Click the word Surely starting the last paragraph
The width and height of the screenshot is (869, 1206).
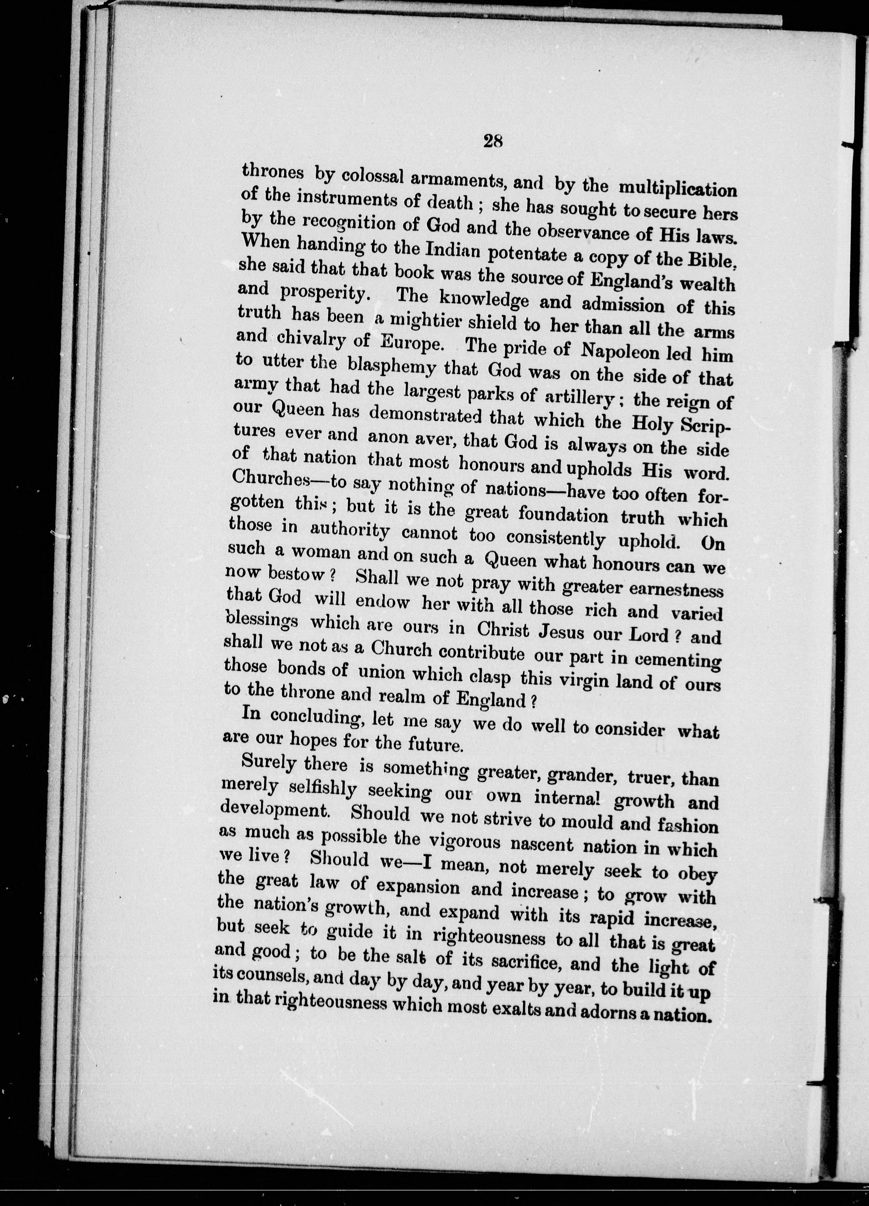(268, 763)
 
